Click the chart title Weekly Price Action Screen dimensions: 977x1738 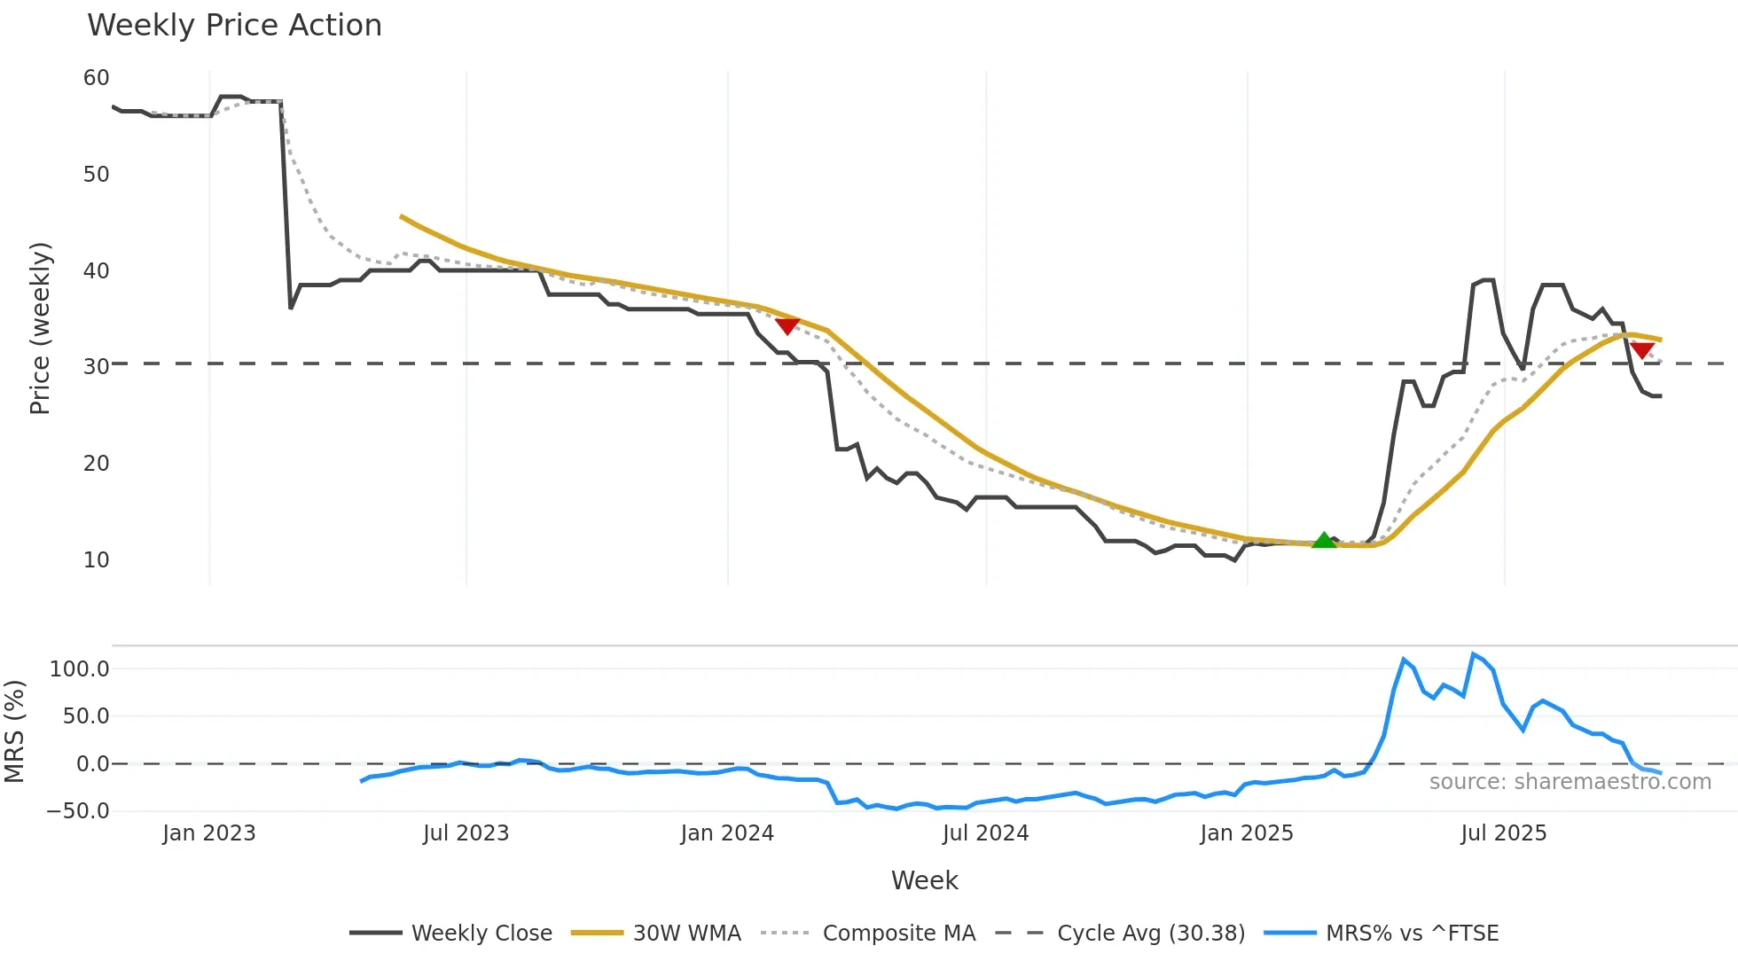click(x=234, y=26)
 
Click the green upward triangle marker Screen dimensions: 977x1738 click(x=1323, y=540)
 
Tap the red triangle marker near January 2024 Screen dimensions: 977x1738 click(x=787, y=326)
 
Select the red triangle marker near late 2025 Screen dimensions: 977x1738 click(x=1641, y=350)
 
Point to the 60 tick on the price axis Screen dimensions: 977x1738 click(x=96, y=78)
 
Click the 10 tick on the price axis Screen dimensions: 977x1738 click(x=96, y=560)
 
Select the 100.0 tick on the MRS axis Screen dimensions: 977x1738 click(x=79, y=669)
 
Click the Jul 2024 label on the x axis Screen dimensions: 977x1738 click(x=985, y=833)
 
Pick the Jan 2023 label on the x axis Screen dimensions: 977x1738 click(x=208, y=833)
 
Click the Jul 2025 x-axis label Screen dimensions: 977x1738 click(x=1503, y=833)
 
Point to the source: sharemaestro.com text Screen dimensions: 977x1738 click(x=1570, y=782)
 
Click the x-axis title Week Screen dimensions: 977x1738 click(x=924, y=880)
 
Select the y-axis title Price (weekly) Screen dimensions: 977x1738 click(x=40, y=328)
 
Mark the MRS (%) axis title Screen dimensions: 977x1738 click(x=14, y=731)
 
